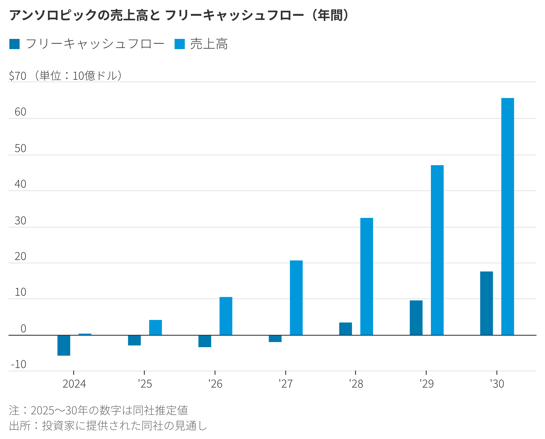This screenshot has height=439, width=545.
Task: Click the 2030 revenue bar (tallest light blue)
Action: pyautogui.click(x=507, y=216)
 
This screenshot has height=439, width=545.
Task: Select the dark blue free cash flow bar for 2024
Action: pyautogui.click(x=64, y=345)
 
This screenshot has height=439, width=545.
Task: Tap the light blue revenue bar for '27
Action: pyautogui.click(x=296, y=298)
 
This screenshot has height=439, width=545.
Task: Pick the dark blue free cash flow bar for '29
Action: pyautogui.click(x=416, y=318)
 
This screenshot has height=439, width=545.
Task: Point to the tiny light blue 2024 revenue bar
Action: pyautogui.click(x=85, y=334)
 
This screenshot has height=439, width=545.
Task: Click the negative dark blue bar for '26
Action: pyautogui.click(x=205, y=341)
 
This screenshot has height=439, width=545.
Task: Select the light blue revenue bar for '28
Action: pyautogui.click(x=366, y=276)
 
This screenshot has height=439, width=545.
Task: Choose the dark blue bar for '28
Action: pyautogui.click(x=346, y=329)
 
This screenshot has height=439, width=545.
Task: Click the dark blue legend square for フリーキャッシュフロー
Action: pyautogui.click(x=14, y=44)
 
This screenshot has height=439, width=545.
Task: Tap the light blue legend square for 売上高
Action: pyautogui.click(x=179, y=44)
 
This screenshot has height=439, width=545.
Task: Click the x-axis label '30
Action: pyautogui.click(x=497, y=384)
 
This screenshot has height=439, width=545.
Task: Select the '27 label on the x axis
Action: pyautogui.click(x=286, y=384)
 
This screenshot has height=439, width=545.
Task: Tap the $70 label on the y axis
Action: pyautogui.click(x=17, y=76)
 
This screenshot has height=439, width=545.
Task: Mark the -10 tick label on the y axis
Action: pyautogui.click(x=19, y=364)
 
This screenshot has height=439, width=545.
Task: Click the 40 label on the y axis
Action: pyautogui.click(x=20, y=184)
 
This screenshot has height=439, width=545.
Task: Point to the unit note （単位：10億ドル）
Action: pyautogui.click(x=79, y=76)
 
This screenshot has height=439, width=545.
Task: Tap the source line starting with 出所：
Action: pyautogui.click(x=108, y=426)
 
